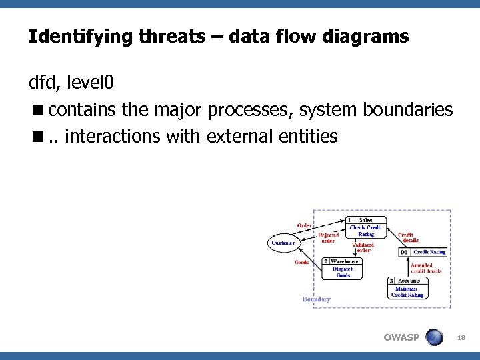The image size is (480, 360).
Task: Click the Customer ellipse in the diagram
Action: [x=283, y=243]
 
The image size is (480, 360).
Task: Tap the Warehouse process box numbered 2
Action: [x=343, y=269]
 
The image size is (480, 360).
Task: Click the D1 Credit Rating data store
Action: [x=423, y=252]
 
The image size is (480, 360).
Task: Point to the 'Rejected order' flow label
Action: [x=328, y=237]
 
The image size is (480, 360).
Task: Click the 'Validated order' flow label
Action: [x=363, y=247]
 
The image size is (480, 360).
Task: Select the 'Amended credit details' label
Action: [x=426, y=268]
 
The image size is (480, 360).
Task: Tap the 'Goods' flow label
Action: [x=301, y=263]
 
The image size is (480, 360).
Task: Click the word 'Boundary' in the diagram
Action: [x=316, y=299]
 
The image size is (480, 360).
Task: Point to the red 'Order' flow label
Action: [x=304, y=225]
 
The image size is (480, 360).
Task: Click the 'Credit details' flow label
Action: [x=407, y=237]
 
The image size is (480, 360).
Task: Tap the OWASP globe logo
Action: [x=434, y=337]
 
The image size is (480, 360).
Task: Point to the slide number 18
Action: [x=461, y=339]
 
